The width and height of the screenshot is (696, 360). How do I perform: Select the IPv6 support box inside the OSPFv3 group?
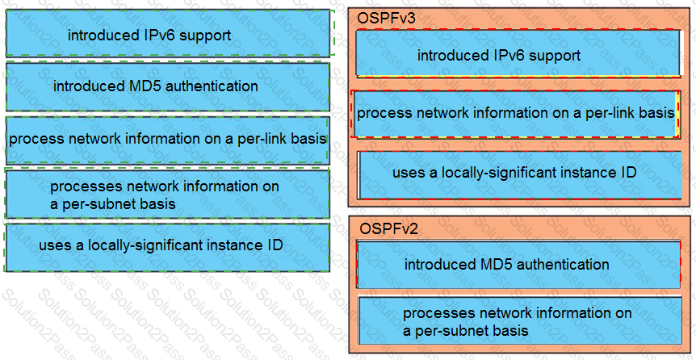point(518,53)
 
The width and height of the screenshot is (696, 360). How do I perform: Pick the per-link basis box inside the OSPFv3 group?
point(516,114)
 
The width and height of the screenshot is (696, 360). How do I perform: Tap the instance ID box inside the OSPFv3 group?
point(520,175)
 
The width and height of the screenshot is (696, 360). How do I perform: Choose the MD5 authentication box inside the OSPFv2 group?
point(519,265)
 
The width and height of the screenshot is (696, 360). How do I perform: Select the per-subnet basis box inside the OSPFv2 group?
point(520,321)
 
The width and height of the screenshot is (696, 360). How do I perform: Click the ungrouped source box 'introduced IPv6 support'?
point(168,33)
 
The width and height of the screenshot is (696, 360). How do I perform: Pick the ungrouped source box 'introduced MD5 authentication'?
point(168,86)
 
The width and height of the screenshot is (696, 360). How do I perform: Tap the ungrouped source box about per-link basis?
point(168,140)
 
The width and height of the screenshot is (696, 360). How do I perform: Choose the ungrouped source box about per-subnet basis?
point(167,195)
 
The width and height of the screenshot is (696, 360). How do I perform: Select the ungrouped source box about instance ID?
point(167,248)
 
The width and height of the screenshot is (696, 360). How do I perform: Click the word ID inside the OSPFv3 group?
point(631,172)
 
